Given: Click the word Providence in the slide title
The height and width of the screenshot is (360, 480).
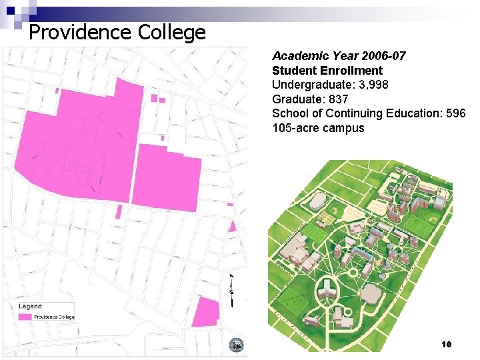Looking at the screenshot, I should point(81,31).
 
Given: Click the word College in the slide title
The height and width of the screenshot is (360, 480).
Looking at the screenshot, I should point(171,31).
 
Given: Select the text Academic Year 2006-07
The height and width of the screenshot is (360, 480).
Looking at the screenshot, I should point(339,57).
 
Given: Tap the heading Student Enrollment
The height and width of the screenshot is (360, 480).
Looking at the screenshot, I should point(327,71).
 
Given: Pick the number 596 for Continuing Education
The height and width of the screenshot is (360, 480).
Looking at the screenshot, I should point(455,113).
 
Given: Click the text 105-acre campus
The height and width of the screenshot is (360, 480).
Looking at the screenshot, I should point(318,127).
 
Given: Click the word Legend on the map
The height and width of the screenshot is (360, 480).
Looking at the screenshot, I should point(30,307).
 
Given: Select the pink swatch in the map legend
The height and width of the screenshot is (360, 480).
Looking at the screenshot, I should point(25,317).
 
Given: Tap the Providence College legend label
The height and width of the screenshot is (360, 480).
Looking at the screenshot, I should point(55,317).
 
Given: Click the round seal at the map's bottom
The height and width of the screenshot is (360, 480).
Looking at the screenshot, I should point(236,345).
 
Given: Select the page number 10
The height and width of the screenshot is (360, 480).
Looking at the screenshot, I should point(446,344).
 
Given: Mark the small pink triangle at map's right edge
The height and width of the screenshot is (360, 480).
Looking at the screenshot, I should point(233,227).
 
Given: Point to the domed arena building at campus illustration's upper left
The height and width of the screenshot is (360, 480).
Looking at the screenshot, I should point(319,201).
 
